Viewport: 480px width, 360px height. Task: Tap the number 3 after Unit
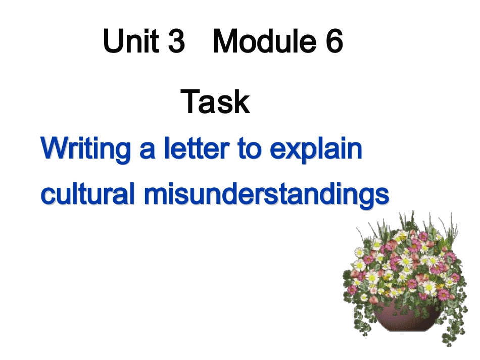[x=175, y=41]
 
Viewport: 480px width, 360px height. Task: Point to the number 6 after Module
[x=334, y=41]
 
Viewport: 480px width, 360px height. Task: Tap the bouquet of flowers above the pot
[x=404, y=263]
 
